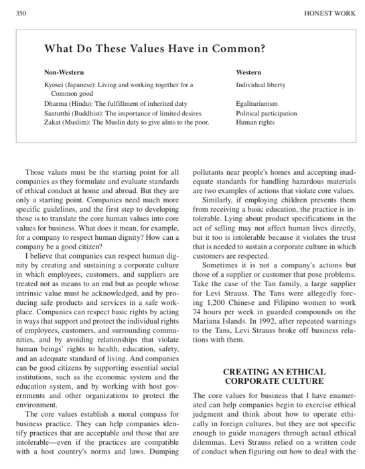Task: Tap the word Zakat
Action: pos(54,123)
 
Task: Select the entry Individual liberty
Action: pos(261,86)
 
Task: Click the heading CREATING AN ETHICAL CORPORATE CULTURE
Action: pos(273,376)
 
